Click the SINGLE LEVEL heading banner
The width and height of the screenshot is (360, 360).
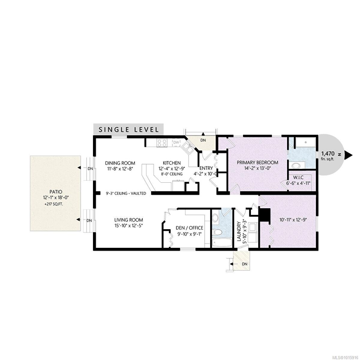[x=128, y=129]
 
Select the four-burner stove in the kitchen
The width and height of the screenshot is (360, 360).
[x=162, y=143]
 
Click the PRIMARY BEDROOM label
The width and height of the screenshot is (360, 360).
[x=257, y=163]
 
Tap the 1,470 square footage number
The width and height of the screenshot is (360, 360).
[x=328, y=154]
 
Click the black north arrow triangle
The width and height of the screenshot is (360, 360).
[x=348, y=154]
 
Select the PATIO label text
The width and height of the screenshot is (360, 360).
[x=56, y=192]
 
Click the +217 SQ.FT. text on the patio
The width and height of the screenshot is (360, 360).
[x=54, y=204]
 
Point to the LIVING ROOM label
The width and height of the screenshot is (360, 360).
[x=129, y=220]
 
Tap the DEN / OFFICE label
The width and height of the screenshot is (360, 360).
[x=189, y=228]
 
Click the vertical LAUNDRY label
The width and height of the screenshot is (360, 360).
[x=239, y=231]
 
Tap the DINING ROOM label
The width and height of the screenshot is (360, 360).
[x=120, y=163]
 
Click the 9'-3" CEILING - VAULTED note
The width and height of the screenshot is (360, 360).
[x=126, y=193]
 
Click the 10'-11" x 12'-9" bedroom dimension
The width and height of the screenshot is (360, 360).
[x=293, y=220]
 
